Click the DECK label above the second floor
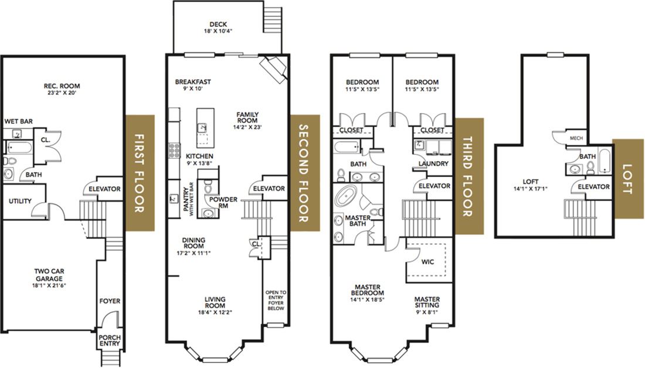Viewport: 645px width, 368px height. tap(218, 24)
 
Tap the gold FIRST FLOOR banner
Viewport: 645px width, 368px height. tap(140, 173)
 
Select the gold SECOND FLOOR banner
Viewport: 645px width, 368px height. tap(305, 173)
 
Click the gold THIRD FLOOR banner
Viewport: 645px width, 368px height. tap(469, 176)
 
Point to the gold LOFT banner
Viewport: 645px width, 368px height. tap(628, 179)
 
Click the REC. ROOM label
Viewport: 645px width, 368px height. tap(62, 86)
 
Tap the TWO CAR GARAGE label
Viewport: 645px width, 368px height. tap(49, 275)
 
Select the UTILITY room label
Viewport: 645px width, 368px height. tap(20, 201)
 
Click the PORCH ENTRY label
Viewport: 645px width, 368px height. tap(110, 340)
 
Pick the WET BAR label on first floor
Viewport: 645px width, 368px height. tap(19, 121)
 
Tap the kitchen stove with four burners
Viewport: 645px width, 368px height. tap(174, 150)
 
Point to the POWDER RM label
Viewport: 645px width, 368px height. tap(223, 202)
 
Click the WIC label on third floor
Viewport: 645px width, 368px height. tap(428, 262)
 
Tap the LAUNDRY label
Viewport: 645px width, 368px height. tap(433, 163)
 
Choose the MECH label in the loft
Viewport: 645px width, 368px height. tap(576, 138)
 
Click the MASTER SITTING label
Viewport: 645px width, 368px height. tap(427, 302)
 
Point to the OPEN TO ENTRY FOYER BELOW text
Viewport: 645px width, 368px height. tap(276, 300)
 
